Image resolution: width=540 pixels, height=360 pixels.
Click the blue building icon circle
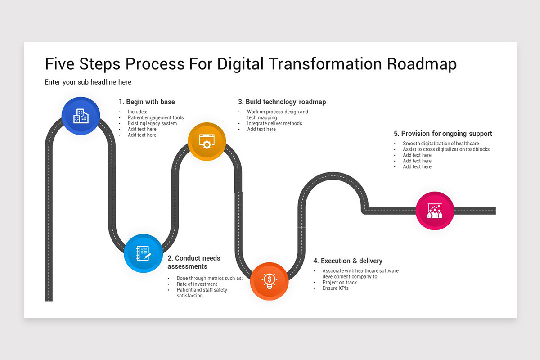coord(81,116)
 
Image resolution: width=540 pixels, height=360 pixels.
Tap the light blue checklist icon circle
coord(143,253)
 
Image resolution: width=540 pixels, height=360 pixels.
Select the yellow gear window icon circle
coord(207,141)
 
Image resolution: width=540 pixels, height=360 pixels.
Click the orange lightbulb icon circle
coord(269,281)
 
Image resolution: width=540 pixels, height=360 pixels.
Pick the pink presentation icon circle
coord(434,211)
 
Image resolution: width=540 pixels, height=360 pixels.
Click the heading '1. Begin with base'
coord(147,102)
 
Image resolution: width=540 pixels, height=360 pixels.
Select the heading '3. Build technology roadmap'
coord(282,102)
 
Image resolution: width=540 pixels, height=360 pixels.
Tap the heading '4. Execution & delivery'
coord(348,261)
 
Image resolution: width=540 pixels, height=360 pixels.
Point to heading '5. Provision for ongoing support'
coord(443,134)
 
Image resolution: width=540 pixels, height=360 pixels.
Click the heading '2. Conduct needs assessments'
coord(194,262)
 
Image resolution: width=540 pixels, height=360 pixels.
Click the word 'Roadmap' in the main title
coord(422,64)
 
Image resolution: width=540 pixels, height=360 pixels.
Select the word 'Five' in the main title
coord(60,64)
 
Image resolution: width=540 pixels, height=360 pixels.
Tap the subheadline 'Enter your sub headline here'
coord(88,82)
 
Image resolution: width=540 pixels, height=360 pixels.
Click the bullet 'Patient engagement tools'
coord(156,117)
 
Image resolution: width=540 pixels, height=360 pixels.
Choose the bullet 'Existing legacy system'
coord(152,123)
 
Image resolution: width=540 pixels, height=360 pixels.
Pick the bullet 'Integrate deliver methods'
coord(274,123)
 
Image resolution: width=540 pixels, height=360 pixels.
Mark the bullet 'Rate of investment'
coord(197,284)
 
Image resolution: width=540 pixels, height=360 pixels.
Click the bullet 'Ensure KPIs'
coord(335,288)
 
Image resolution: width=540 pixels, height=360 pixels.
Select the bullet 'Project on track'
coord(339,282)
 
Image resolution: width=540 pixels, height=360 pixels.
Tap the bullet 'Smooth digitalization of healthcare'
coord(441,144)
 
